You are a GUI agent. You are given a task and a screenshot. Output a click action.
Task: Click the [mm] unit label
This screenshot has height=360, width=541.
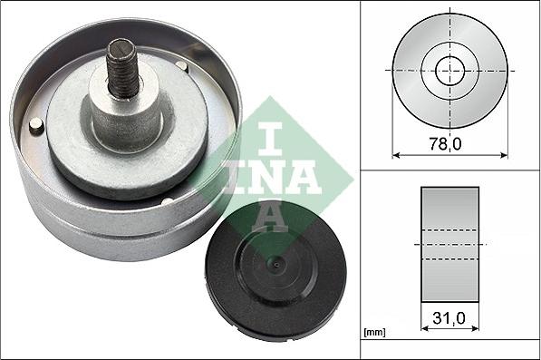373,332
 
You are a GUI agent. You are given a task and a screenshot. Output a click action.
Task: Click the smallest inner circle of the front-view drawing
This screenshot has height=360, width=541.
449,71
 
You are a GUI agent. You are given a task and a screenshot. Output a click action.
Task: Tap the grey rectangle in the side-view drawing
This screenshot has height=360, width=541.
449,244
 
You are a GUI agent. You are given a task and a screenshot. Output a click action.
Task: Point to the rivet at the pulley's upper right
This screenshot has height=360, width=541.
182,66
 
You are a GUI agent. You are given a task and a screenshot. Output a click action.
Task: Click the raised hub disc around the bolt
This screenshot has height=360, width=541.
127,136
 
